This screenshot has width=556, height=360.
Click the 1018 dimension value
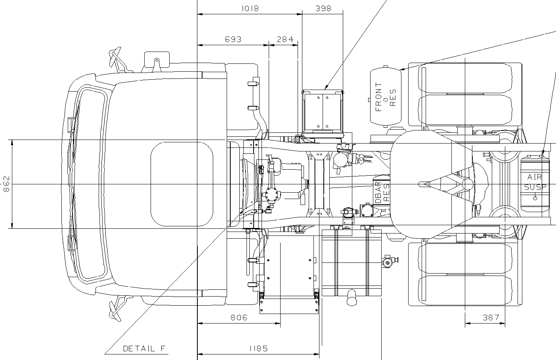click(250, 8)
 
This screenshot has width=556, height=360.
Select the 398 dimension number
click(323, 8)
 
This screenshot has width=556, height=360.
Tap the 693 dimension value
click(233, 39)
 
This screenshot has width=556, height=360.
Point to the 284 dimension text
click(285, 39)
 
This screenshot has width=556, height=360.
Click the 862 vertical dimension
click(6, 184)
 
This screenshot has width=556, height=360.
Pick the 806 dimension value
click(239, 318)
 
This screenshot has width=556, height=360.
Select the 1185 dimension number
click(258, 349)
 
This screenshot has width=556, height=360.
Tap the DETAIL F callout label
click(144, 349)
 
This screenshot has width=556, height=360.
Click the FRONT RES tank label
click(386, 97)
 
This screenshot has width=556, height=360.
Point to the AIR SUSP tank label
click(535, 182)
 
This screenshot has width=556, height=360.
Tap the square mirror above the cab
click(157, 61)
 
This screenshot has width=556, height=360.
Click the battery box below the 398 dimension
click(322, 111)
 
